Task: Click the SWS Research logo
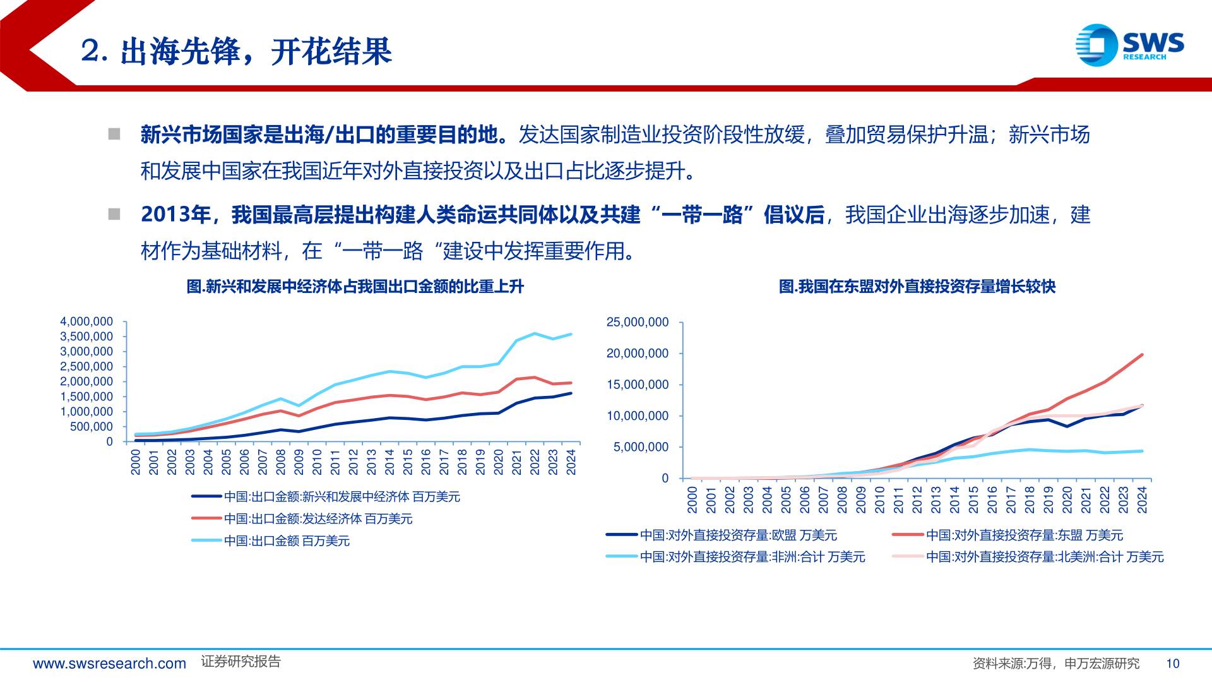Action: pos(1129,45)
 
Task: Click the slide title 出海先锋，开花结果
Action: pos(237,51)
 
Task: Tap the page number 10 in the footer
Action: pos(1172,664)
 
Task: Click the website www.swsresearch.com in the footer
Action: pos(109,664)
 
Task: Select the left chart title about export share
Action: pos(355,287)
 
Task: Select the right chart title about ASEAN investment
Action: pos(917,287)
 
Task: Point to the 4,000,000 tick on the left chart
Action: pos(86,321)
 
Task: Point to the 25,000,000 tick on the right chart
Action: pos(637,322)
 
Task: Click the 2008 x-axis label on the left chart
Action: pos(281,462)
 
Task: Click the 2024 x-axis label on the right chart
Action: pos(1142,500)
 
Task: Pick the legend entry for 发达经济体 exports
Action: pos(318,519)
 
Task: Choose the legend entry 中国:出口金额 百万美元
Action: pos(287,541)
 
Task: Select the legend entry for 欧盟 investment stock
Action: pos(738,535)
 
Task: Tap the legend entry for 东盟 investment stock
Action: pos(1024,535)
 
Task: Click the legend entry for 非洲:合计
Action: pos(752,557)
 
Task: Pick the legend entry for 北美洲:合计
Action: pos(1044,557)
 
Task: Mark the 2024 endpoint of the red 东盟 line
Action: pos(1142,355)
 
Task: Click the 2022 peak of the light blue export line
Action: pos(535,333)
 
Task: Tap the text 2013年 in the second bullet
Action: pos(175,215)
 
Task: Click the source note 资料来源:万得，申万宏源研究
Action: pos(1055,664)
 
